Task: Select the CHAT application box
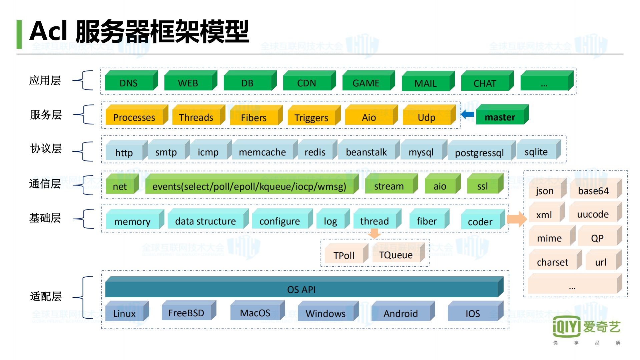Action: click(x=485, y=83)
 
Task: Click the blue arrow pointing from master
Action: click(x=468, y=114)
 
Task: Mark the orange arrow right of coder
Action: click(x=517, y=219)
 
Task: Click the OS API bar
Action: click(x=301, y=289)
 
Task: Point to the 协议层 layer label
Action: click(x=46, y=148)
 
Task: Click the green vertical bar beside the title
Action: click(x=19, y=34)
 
